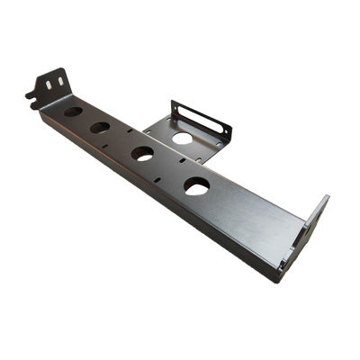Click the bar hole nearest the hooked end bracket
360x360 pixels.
73,112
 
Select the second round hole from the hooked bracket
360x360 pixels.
100,128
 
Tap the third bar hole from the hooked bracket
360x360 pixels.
142,153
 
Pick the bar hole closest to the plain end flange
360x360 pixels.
196,185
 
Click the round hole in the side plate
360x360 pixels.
182,138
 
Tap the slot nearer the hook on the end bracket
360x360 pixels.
49,84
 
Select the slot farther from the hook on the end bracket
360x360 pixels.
60,80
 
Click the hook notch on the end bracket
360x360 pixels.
31,94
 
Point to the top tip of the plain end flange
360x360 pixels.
326,199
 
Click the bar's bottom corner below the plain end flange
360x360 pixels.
280,276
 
